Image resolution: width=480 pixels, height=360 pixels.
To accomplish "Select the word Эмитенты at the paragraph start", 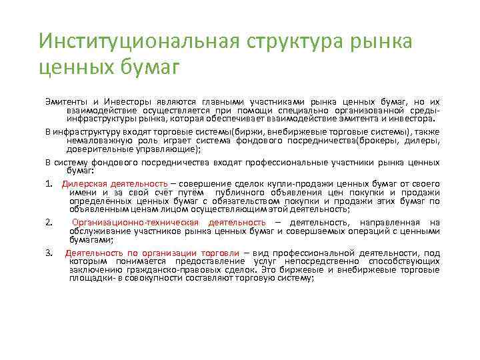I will coord(62,99).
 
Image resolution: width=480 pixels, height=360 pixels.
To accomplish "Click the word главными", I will coord(230,99).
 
